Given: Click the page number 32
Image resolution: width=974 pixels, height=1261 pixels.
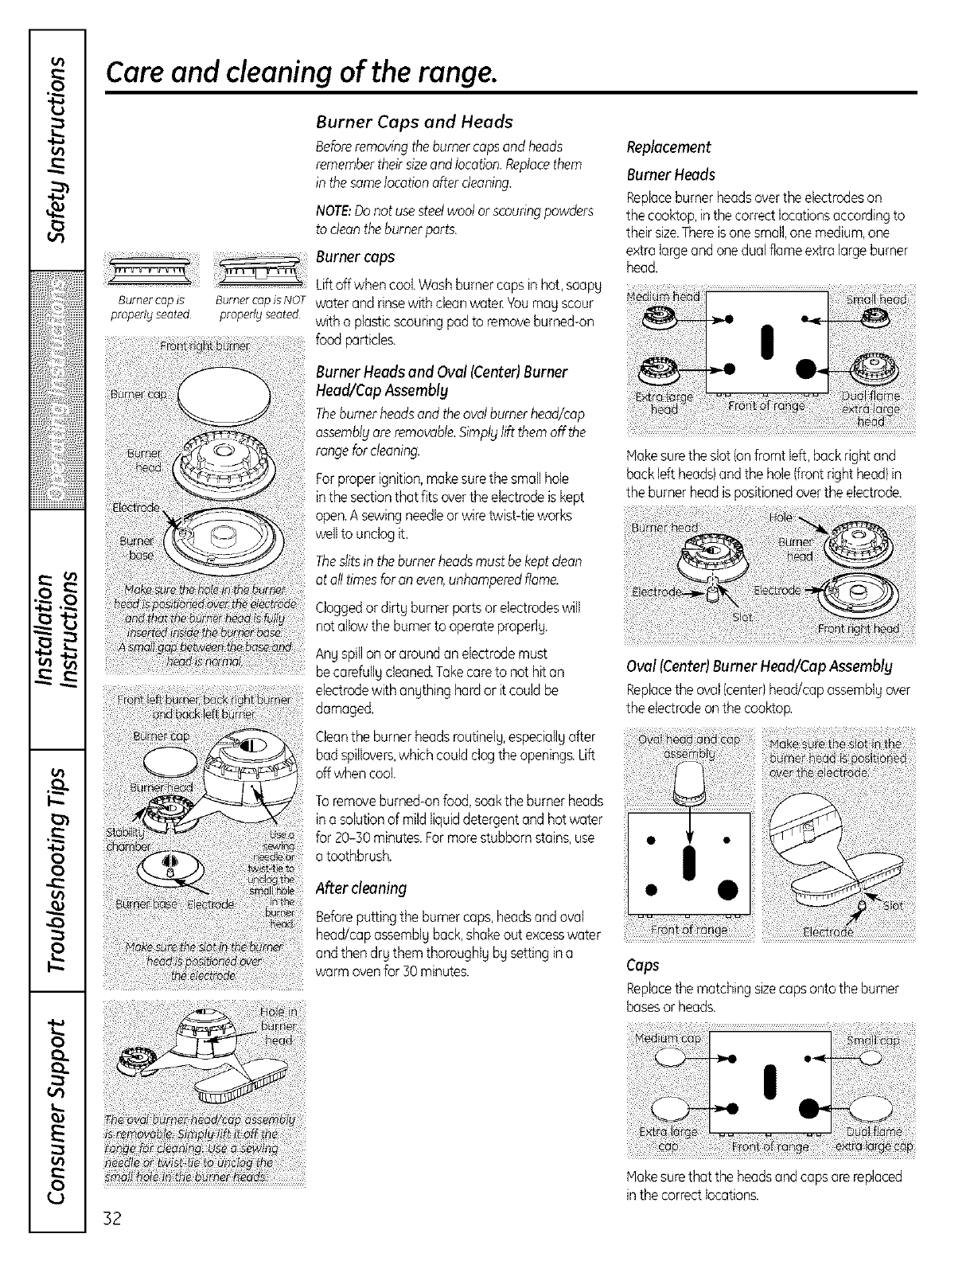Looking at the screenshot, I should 114,1219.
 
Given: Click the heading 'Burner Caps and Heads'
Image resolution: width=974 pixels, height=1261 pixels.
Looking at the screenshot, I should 414,122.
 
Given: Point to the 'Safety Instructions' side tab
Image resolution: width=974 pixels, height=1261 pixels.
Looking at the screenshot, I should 56,151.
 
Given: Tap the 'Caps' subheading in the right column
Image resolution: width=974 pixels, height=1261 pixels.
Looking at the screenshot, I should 642,965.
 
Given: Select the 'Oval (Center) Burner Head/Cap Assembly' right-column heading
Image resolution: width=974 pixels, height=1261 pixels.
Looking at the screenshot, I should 759,666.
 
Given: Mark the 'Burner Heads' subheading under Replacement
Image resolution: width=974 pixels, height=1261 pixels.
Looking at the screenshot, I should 671,174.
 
